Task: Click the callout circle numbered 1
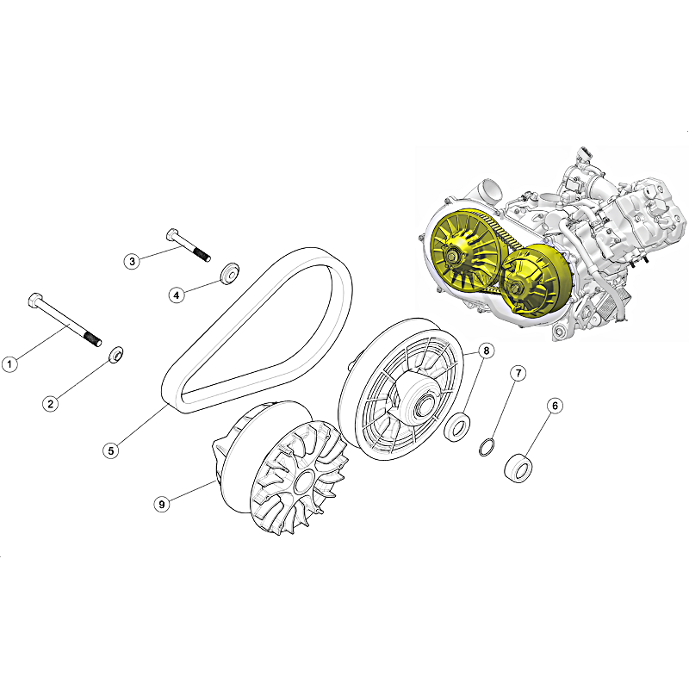[x=9, y=363]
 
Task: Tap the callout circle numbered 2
[x=51, y=404]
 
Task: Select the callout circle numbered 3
[x=132, y=262]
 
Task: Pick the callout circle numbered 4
[x=177, y=295]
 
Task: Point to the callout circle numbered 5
[x=111, y=450]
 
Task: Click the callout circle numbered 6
[x=555, y=406]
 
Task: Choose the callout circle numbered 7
[x=518, y=374]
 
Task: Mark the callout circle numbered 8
[x=486, y=351]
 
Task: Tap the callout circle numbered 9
[x=162, y=504]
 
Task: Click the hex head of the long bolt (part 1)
[x=35, y=300]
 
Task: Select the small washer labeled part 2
[x=116, y=355]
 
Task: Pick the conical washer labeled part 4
[x=229, y=274]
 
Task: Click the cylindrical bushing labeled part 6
[x=518, y=468]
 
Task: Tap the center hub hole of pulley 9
[x=303, y=482]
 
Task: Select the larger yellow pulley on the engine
[x=467, y=251]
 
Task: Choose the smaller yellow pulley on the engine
[x=536, y=281]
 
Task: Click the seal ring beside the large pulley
[x=458, y=425]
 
